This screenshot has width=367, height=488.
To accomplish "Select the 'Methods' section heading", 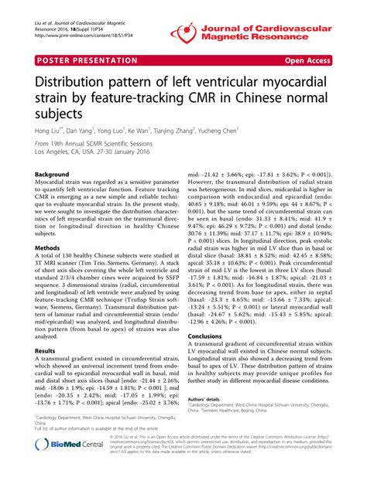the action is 49,248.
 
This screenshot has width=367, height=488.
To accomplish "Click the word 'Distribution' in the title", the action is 74,83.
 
